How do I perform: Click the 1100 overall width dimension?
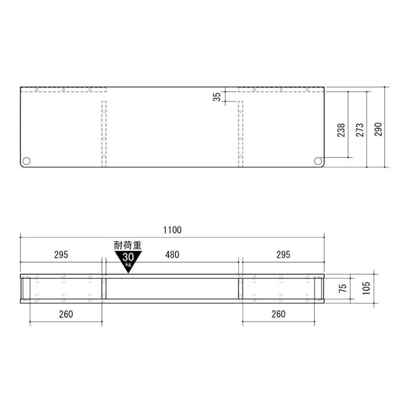[x=172, y=230]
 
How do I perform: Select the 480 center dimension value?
[x=172, y=254]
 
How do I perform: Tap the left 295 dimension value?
[x=61, y=254]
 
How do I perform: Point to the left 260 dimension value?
[x=65, y=314]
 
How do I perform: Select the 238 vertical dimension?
[x=341, y=130]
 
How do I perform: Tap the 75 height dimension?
[x=343, y=288]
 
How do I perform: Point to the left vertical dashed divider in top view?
[x=104, y=134]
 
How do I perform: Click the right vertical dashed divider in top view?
[x=240, y=134]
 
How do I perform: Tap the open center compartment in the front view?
[x=172, y=289]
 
